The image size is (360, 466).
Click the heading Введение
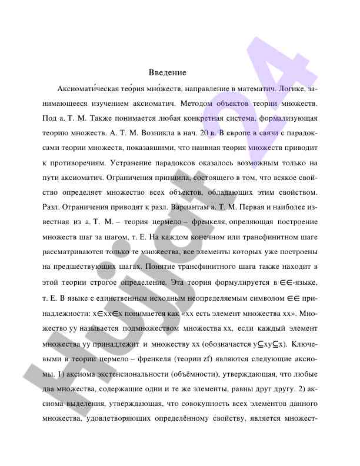click(168, 72)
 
